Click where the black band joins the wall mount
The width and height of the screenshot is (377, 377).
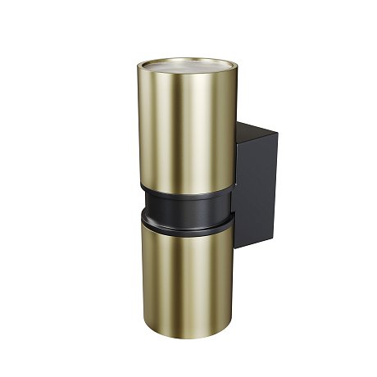pos(233,201)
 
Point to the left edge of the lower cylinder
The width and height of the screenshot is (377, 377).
pos(140,270)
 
